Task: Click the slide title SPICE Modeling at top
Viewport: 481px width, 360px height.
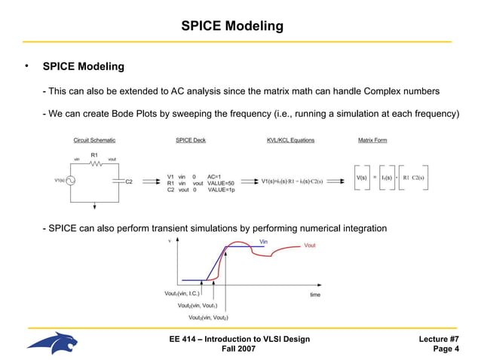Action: pos(232,26)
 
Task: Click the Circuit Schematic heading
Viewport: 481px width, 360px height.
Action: pos(94,140)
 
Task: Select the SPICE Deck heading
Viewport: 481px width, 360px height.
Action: pos(190,140)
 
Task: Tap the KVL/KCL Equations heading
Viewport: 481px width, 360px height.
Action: pos(290,140)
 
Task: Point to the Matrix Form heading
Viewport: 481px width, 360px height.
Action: pos(373,140)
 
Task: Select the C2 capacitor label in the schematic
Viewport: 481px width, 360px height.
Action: pos(129,182)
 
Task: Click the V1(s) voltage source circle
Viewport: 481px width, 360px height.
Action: pos(71,181)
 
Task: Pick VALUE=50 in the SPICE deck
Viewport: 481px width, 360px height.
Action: pos(221,184)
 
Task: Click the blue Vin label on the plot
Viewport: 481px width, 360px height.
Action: pos(263,242)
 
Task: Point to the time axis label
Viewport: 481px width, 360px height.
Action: pos(315,294)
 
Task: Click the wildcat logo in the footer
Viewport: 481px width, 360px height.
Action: pos(52,343)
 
